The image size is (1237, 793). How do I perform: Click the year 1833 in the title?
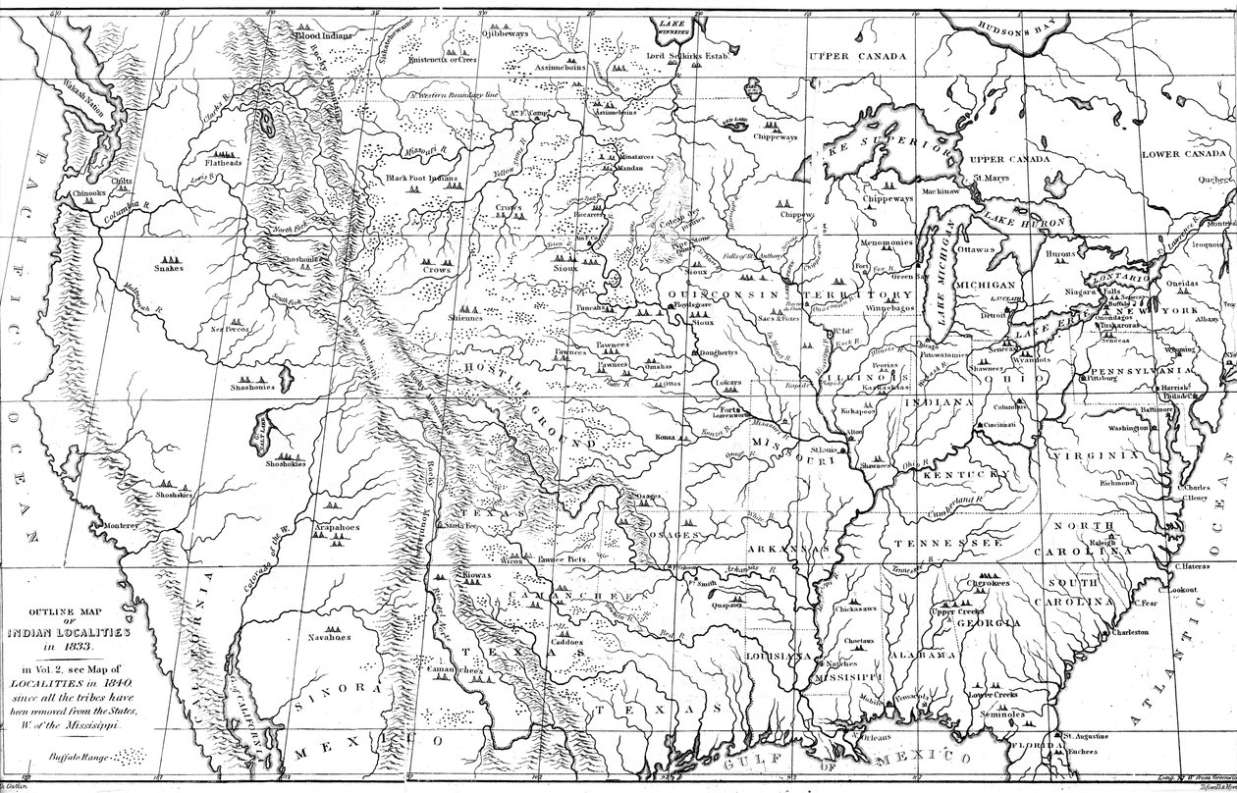(74, 649)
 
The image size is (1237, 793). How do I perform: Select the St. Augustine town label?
(1085, 736)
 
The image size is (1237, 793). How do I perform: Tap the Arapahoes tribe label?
(336, 528)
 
